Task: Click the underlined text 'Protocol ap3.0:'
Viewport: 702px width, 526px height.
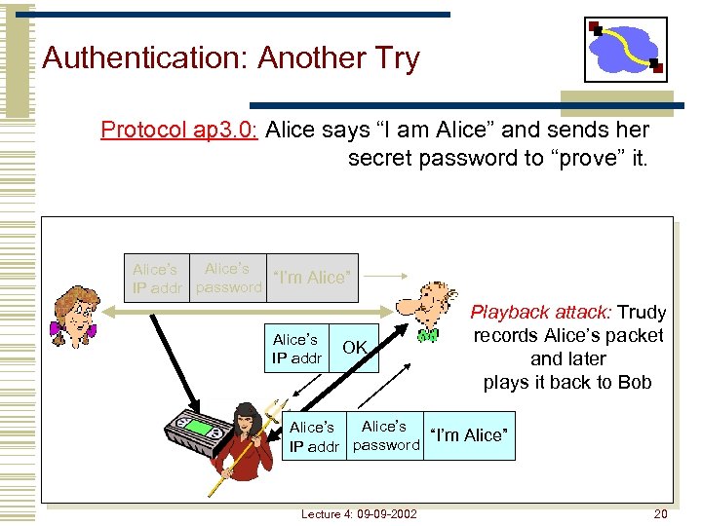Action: tap(178, 130)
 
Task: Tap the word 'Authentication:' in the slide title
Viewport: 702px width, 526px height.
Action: tap(145, 58)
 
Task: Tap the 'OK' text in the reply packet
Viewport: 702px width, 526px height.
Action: tap(355, 348)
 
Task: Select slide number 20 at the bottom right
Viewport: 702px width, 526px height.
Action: tap(660, 513)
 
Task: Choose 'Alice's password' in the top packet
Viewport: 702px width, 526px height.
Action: tap(229, 278)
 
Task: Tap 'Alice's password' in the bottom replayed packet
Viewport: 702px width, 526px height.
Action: tap(385, 435)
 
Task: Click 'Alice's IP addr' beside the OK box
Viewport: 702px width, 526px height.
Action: tap(295, 348)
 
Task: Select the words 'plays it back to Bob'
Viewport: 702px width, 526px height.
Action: tap(567, 382)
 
